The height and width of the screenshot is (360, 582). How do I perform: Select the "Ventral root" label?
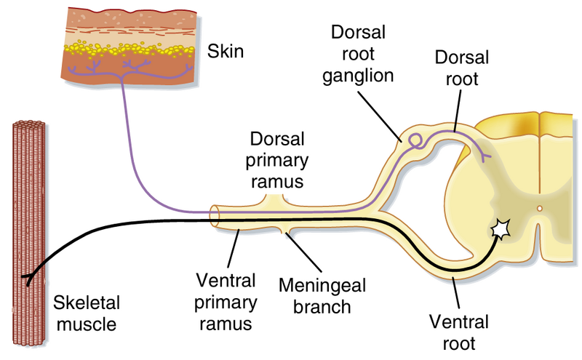pos(458,331)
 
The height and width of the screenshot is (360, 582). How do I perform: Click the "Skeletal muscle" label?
pos(85,311)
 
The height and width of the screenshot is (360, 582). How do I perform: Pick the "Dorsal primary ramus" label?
pos(277,159)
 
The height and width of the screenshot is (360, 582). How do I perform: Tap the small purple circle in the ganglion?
pos(415,137)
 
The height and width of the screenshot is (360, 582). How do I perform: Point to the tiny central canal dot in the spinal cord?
pos(539,209)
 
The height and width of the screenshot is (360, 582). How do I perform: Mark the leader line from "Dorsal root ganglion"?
pos(382,117)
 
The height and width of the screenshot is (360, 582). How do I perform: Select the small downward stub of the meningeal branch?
pos(290,233)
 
